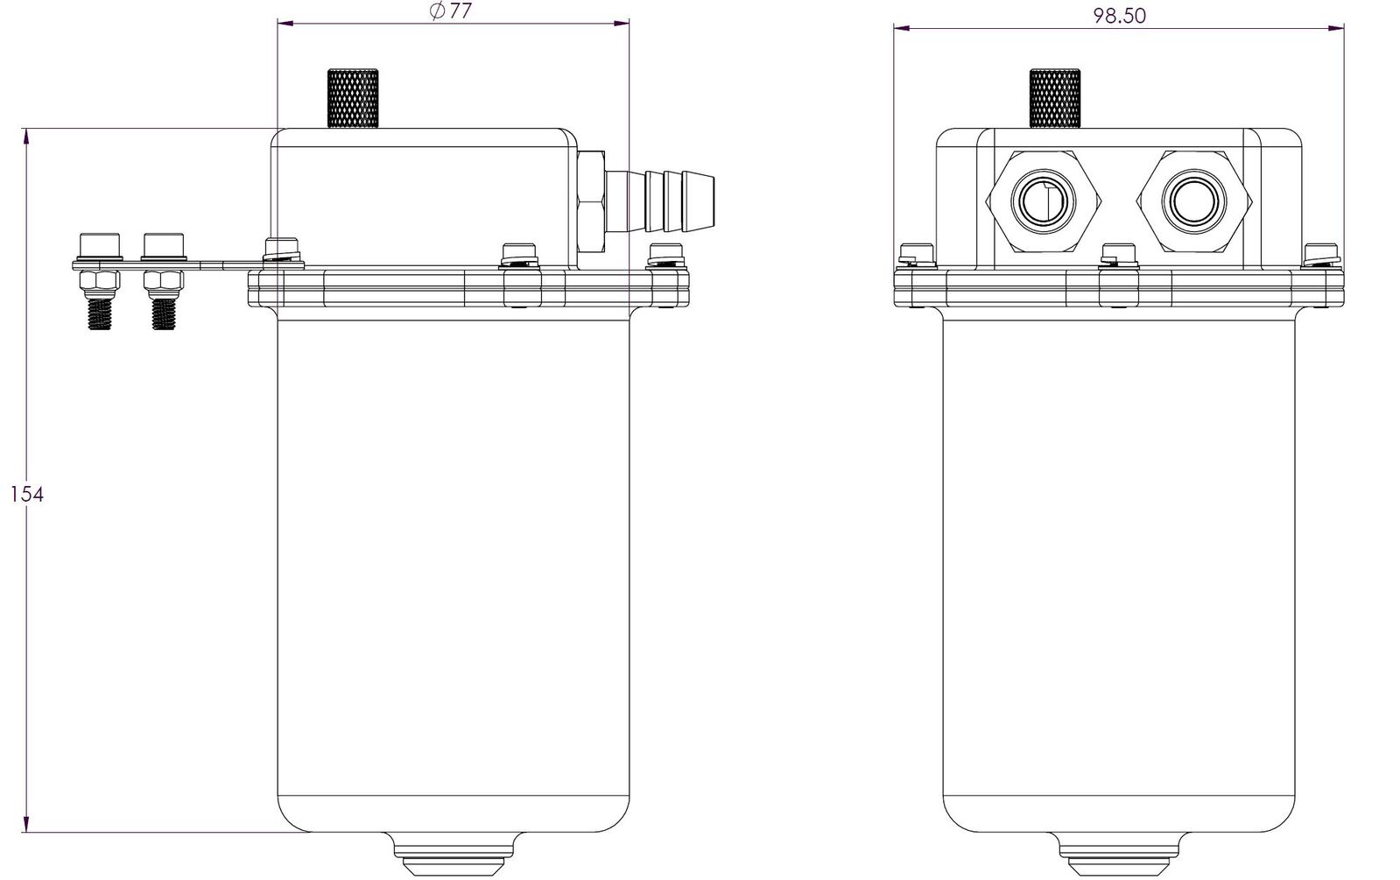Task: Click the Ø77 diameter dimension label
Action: point(451,11)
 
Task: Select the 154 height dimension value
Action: point(27,495)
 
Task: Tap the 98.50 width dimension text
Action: point(1119,16)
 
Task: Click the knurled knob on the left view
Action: point(353,99)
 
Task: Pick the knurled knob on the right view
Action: point(1055,99)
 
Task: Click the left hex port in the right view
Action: point(1044,202)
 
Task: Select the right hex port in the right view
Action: point(1194,202)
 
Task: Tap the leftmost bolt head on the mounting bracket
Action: point(100,246)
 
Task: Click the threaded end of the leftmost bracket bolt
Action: point(100,314)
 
